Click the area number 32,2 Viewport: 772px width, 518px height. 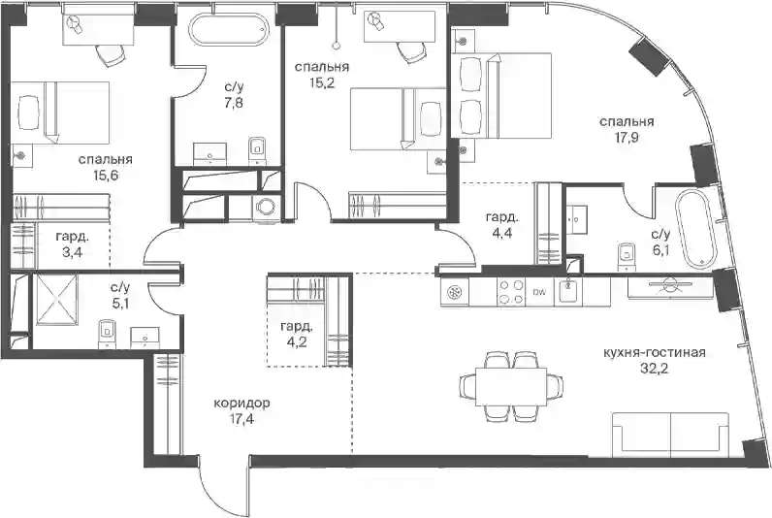point(655,369)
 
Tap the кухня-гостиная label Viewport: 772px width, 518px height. point(655,352)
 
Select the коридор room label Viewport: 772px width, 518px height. point(241,404)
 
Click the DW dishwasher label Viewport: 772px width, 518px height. point(539,293)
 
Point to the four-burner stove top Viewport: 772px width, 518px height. point(511,292)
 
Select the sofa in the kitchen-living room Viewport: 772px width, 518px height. point(671,434)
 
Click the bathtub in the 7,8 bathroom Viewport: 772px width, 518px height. point(229,29)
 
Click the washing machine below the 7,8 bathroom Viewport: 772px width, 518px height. point(267,208)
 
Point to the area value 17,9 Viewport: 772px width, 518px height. point(627,138)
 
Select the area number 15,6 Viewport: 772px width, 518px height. point(105,176)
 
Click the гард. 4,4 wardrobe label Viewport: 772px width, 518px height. point(501,224)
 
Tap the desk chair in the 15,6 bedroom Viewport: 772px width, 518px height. point(110,54)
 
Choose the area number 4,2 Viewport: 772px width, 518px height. point(296,341)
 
